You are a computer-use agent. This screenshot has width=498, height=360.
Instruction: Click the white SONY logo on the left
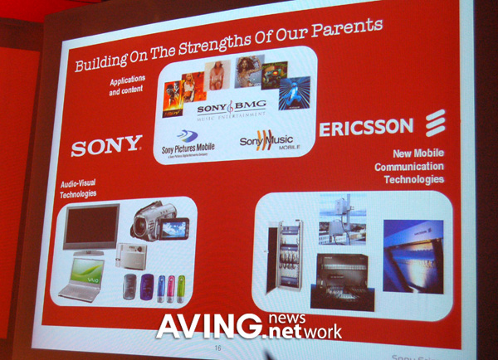[x=106, y=147]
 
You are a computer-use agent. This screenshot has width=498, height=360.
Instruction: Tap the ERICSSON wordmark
[x=365, y=128]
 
